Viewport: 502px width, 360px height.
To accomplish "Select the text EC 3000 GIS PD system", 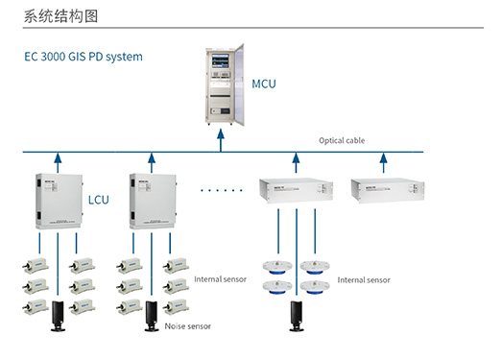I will click(x=84, y=57).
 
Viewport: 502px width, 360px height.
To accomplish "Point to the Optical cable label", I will click(x=342, y=141).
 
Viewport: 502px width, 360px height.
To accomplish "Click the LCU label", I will click(x=100, y=201).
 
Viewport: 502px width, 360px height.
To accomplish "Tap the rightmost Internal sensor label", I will click(x=365, y=280).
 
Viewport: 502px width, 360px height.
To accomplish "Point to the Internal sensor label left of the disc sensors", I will click(x=221, y=280).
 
